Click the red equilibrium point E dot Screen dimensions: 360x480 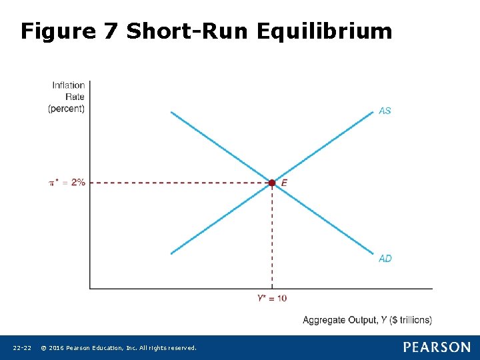tap(272, 183)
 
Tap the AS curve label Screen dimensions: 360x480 tap(385, 111)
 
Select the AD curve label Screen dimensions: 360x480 tap(385, 259)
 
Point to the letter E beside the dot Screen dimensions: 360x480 tap(285, 183)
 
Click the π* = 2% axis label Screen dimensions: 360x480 tap(67, 183)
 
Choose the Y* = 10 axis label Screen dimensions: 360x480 tap(272, 298)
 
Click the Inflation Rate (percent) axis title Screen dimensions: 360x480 tap(67, 97)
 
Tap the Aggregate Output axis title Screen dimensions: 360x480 tap(367, 320)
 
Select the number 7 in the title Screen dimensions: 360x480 tap(111, 31)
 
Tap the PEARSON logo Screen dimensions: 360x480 tap(437, 347)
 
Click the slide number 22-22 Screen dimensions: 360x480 tap(22, 348)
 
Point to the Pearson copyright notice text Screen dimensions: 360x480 tap(119, 348)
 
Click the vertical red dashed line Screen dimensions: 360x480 tap(272, 240)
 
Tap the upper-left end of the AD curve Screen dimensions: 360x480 tap(172, 112)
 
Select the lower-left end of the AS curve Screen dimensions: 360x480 tap(172, 253)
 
